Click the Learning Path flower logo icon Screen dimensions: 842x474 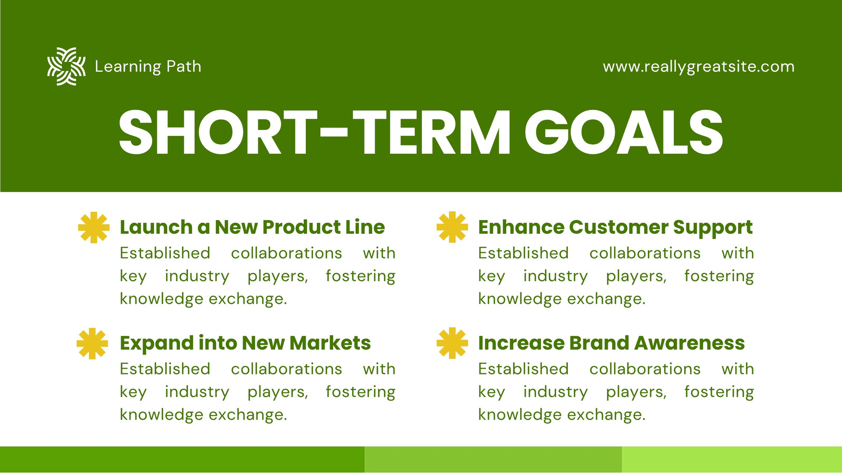pos(66,66)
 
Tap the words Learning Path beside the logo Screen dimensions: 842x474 pos(148,66)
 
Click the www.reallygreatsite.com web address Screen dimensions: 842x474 pos(699,66)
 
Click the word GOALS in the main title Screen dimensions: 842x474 pos(624,132)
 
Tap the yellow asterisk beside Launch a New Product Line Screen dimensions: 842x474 pos(94,227)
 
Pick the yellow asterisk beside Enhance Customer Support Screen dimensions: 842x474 pos(452,227)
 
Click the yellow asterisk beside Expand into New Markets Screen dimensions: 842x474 pos(93,343)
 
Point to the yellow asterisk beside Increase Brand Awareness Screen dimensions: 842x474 pos(452,343)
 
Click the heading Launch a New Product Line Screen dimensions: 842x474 pos(252,227)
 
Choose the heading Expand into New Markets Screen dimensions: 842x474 pos(245,343)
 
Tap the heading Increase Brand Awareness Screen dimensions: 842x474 pos(611,343)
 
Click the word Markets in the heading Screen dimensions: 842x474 pos(330,343)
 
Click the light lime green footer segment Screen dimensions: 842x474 pos(732,460)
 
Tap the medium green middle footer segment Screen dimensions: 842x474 pos(493,460)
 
